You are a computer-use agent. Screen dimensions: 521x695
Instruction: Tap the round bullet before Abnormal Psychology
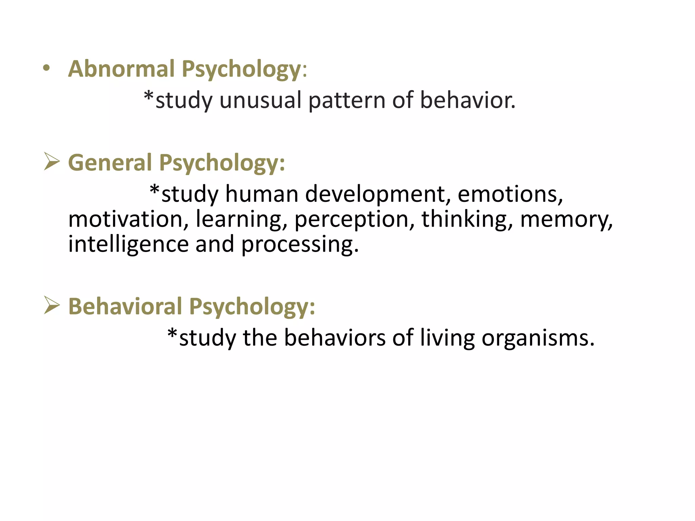46,69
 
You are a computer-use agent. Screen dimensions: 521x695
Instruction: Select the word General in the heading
110,162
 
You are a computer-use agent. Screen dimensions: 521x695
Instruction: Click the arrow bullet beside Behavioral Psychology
52,305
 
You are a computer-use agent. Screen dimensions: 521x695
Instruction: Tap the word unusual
260,100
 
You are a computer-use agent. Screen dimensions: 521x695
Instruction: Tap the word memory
566,220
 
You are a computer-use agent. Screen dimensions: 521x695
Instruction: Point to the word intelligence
128,244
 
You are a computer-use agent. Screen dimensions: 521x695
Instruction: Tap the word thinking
467,219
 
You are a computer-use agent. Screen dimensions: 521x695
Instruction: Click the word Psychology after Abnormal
241,69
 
